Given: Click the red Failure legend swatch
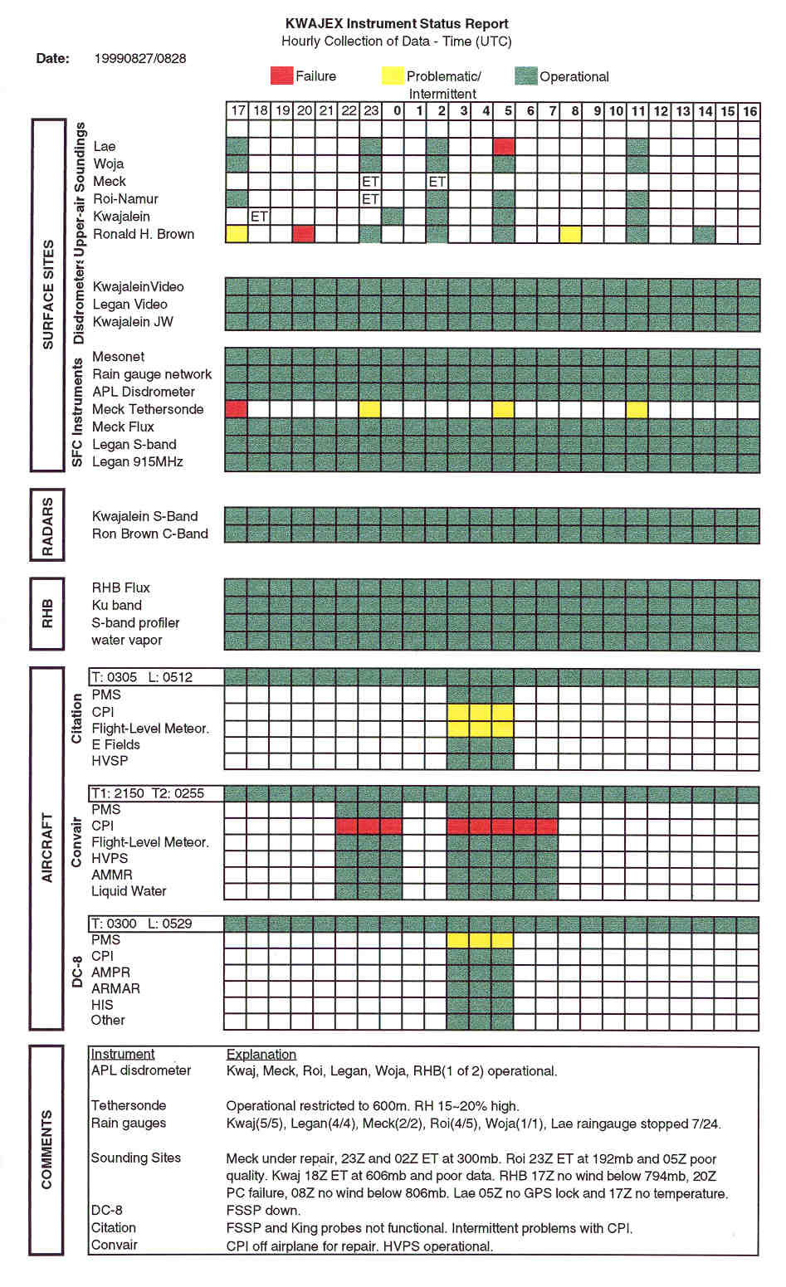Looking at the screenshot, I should pos(282,76).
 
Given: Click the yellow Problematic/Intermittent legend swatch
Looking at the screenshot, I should pos(393,76).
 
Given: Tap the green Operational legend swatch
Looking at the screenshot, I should pos(525,76).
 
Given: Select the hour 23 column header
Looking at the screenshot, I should pos(371,110).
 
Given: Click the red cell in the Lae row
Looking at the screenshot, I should pos(504,146).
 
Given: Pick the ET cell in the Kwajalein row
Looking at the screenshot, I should pos(259,216).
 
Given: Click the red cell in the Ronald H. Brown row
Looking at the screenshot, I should pos(304,233).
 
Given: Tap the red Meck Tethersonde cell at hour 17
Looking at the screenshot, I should pos(237,409).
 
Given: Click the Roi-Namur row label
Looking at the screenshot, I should pos(125,198).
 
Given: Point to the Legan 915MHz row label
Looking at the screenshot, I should pos(137,461).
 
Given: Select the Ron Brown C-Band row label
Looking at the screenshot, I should pos(149,534).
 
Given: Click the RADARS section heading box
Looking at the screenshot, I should pos(47,526).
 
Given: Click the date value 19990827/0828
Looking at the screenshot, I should pos(140,58).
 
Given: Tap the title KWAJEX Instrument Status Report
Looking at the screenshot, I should pos(397,24).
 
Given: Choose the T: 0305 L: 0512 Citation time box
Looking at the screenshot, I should pos(156,677).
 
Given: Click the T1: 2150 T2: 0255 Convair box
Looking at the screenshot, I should pos(156,793).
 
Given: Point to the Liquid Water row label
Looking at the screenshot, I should pos(129,891).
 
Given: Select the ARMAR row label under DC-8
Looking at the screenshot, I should pos(115,988).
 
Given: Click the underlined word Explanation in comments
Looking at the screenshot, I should pos(261,1054).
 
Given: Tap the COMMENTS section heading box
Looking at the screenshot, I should pos(47,1149).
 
